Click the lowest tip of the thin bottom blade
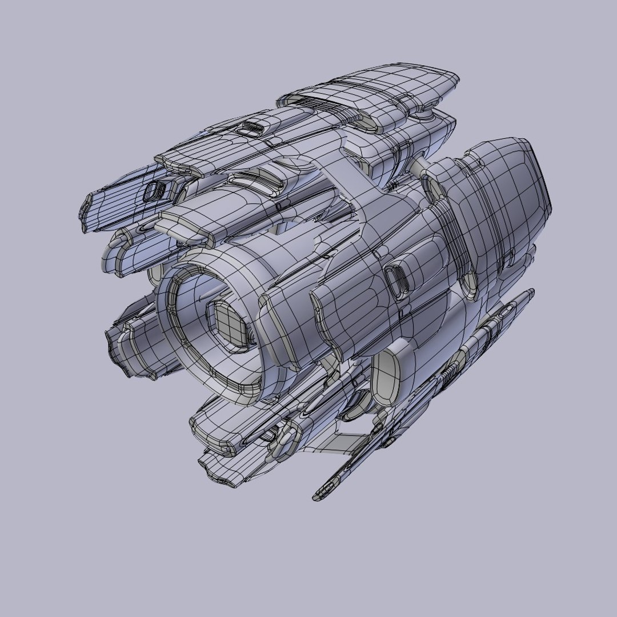[x=321, y=495]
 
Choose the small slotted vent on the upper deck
[x=251, y=127]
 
